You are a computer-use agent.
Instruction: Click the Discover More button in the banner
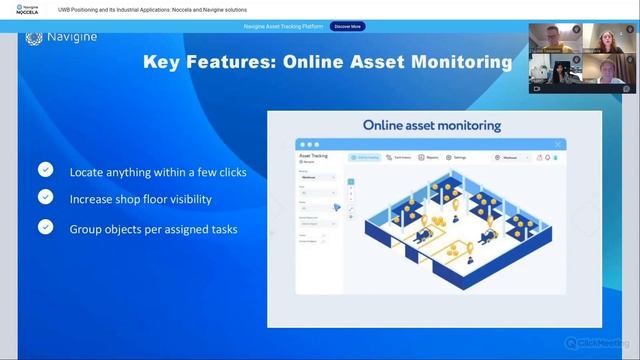point(348,26)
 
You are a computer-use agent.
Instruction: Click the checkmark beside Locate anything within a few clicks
point(45,171)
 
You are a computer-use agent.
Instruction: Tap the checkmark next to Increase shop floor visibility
point(45,199)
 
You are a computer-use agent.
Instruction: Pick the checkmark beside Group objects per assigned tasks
point(45,228)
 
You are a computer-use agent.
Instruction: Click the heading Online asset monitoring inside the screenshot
point(432,126)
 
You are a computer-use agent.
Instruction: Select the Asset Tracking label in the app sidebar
point(313,156)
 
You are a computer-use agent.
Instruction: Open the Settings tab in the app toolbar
point(458,157)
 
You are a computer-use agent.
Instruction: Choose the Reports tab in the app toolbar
point(430,157)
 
